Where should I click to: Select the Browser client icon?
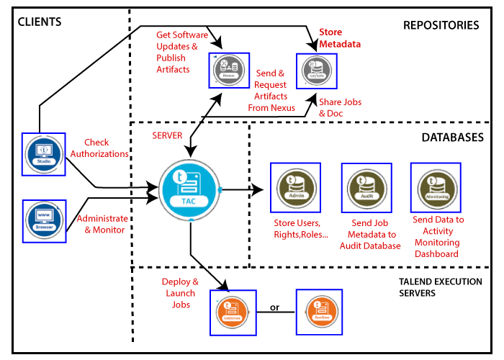tap(44, 221)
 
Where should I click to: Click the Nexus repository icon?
tap(230, 69)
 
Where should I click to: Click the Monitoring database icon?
tap(435, 186)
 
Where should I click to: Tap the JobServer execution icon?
tap(231, 312)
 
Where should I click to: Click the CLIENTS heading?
tap(40, 22)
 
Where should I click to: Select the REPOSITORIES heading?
tap(441, 26)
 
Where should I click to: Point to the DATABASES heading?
tap(451, 138)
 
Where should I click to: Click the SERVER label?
tap(168, 135)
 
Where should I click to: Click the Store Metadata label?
tap(340, 38)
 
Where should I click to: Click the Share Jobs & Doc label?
tap(341, 108)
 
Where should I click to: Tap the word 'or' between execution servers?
tap(274, 308)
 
